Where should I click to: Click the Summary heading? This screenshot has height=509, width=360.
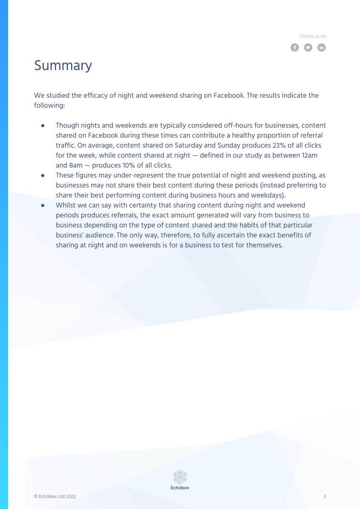coord(63,66)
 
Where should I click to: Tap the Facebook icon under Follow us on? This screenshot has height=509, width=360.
coord(295,48)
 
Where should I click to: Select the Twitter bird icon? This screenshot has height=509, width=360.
coord(308,48)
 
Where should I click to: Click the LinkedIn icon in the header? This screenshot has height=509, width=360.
coord(321,48)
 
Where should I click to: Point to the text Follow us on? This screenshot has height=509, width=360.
coord(313,36)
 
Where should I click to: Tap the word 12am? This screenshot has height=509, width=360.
coord(309,155)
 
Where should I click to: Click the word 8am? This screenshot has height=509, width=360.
coord(64,165)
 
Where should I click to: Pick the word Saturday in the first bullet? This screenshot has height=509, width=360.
coord(190,145)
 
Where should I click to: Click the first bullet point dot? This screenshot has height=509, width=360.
coord(43,125)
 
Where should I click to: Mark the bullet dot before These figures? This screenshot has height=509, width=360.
coord(43,175)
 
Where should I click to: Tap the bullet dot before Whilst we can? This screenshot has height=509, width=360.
coord(43,205)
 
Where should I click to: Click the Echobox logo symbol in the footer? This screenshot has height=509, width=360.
coord(180,477)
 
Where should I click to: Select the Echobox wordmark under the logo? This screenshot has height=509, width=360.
coord(180,488)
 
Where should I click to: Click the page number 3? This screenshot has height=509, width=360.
coord(325,497)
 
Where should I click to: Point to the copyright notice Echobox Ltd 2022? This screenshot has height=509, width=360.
coord(55,497)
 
